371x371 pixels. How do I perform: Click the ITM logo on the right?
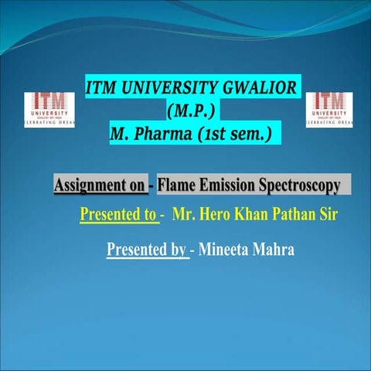pos(330,109)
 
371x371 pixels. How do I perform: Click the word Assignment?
pos(91,185)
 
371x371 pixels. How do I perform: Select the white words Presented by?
pos(146,250)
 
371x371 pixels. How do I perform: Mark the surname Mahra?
pos(274,250)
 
